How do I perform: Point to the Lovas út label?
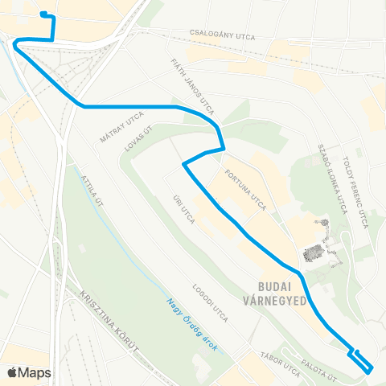139,139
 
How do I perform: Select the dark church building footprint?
314,252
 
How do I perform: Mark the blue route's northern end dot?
42,14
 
